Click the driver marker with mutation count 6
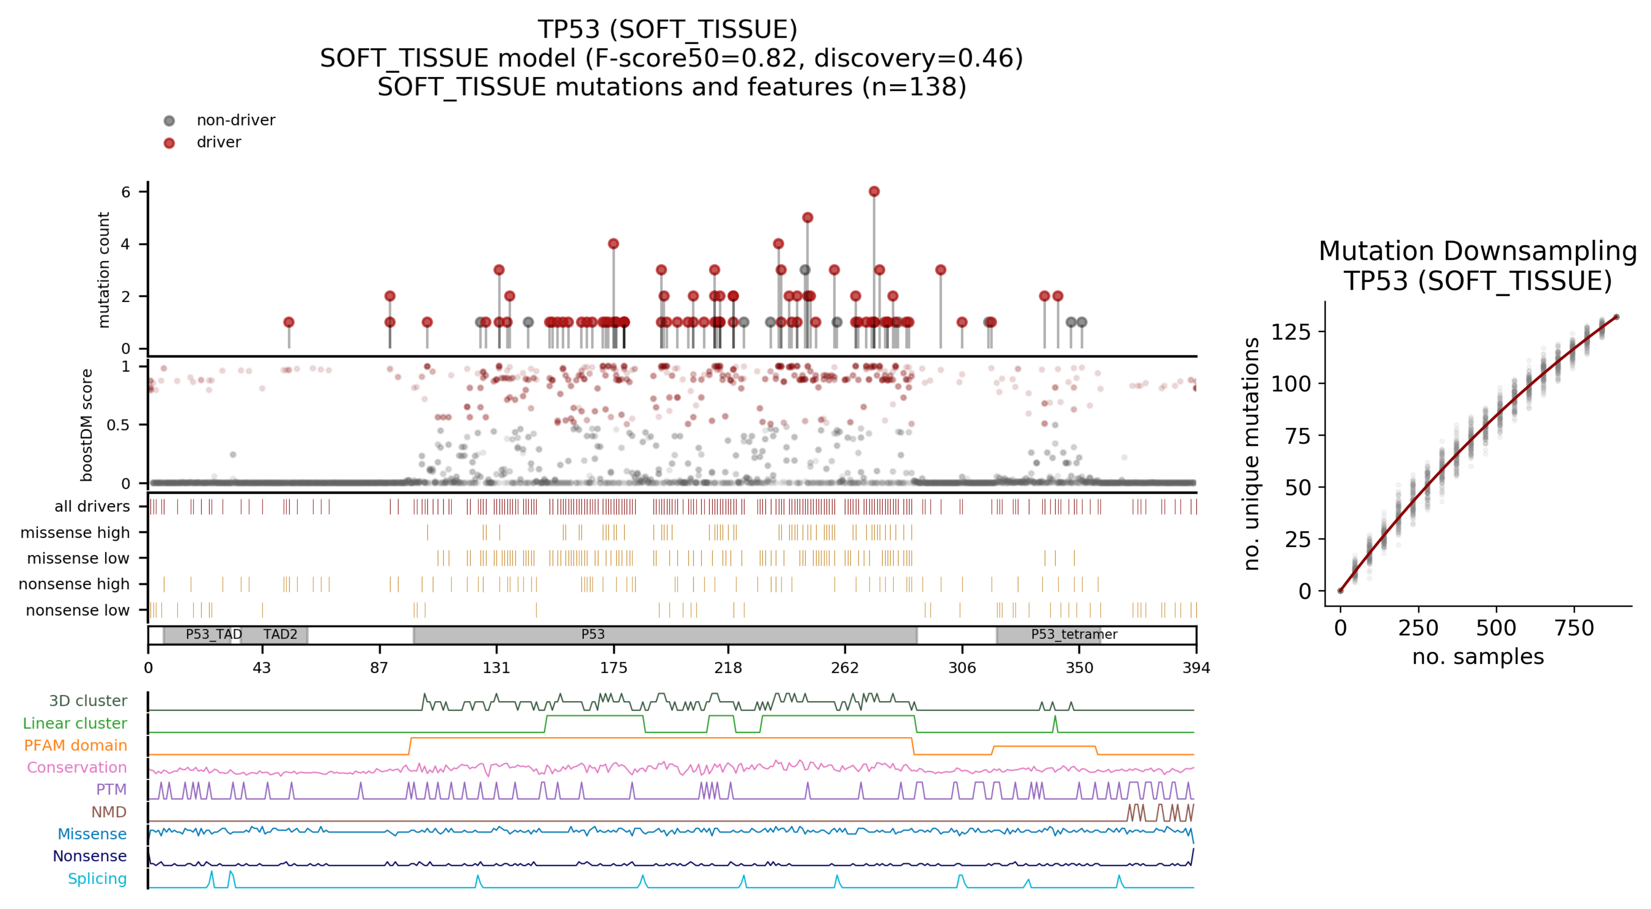click(x=874, y=192)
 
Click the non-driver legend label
click(x=235, y=121)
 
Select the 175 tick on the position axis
click(x=613, y=667)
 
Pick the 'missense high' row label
click(x=75, y=533)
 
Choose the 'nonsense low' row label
click(x=78, y=610)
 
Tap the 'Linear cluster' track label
click(x=75, y=723)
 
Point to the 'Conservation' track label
click(x=77, y=767)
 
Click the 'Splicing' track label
click(x=97, y=878)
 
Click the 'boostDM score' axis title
click(x=87, y=425)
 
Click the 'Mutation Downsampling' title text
click(x=1477, y=251)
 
